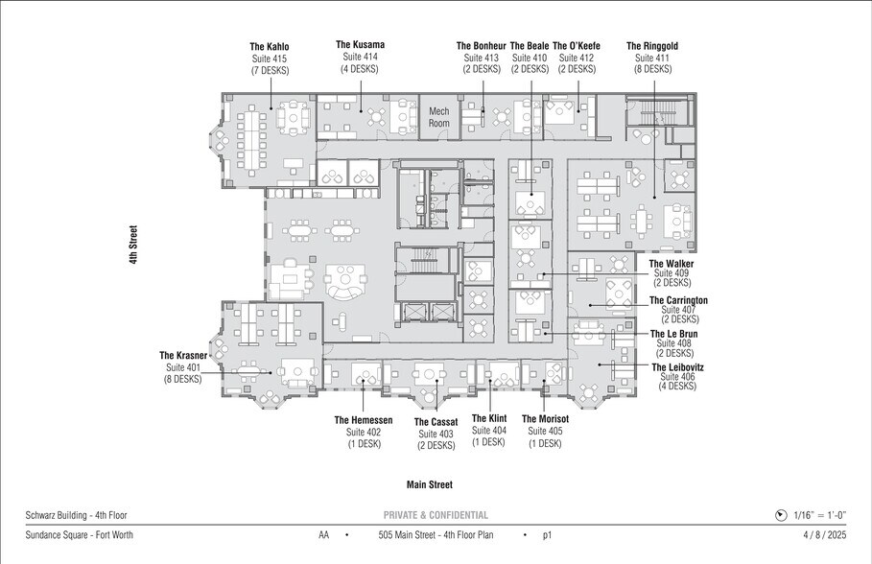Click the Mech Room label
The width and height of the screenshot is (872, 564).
tap(438, 117)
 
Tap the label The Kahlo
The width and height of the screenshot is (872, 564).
tap(270, 47)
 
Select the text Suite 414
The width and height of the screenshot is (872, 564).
tap(360, 57)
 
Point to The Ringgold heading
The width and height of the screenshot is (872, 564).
tap(652, 46)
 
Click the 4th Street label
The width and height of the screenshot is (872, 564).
tap(133, 245)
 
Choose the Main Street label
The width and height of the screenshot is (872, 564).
tap(430, 484)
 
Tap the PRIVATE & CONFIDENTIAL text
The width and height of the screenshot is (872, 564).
tap(436, 515)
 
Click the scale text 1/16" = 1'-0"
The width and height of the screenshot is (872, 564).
tap(820, 515)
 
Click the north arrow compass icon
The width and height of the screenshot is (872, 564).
tap(781, 516)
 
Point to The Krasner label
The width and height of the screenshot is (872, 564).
tap(183, 356)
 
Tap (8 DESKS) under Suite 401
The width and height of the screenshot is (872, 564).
tap(183, 379)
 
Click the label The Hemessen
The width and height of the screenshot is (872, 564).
tap(364, 420)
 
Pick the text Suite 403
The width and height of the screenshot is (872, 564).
tap(436, 434)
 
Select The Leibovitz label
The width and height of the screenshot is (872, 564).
tap(677, 367)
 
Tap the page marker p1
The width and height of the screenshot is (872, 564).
tap(547, 535)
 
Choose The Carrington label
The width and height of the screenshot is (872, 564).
tap(678, 300)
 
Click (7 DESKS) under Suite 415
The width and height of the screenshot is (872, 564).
tap(270, 71)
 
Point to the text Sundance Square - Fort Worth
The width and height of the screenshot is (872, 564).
tap(79, 535)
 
